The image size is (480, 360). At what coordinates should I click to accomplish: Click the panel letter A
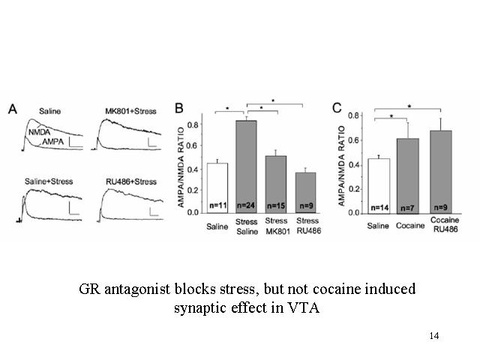tap(13, 109)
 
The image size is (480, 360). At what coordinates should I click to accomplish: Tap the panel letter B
tap(179, 108)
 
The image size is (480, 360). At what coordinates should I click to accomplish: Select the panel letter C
tap(337, 108)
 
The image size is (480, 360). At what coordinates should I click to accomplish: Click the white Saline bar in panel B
tap(217, 188)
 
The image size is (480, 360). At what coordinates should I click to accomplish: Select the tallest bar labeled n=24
tap(246, 166)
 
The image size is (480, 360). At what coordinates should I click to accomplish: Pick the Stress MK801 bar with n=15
tap(276, 184)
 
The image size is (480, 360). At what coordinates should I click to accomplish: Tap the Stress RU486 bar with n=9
tap(305, 193)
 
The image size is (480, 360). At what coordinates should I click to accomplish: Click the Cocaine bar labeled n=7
tap(408, 176)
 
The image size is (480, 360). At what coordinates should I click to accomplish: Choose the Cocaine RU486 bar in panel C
tap(441, 172)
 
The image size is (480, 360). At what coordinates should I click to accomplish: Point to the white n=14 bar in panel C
tap(379, 186)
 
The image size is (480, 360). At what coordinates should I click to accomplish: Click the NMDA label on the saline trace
tap(39, 132)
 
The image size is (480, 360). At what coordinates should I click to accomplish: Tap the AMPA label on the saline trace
tap(52, 142)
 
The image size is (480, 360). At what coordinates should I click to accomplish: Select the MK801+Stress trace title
tap(130, 111)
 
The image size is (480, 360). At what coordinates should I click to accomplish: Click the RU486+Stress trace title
tap(131, 181)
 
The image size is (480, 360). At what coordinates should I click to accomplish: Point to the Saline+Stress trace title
tap(49, 181)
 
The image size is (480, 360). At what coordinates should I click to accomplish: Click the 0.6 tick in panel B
tap(193, 145)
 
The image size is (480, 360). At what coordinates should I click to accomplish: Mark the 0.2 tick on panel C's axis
tap(353, 189)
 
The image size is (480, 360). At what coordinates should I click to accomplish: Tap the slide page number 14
tap(434, 336)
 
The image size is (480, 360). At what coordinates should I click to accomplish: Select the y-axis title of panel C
tap(342, 166)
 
